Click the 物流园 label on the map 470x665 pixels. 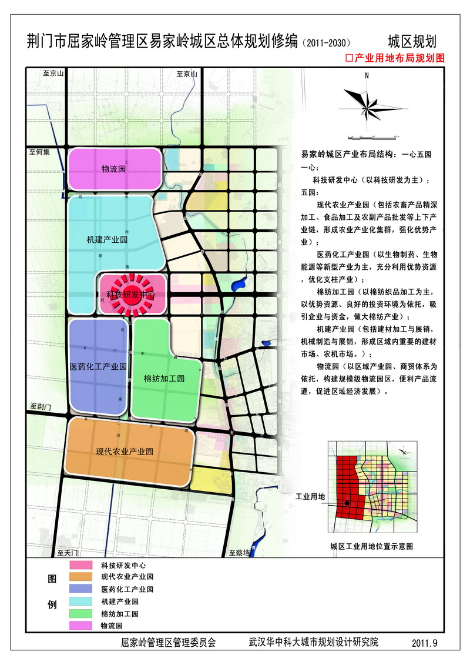114,169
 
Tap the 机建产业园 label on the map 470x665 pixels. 106,240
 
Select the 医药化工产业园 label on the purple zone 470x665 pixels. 98,366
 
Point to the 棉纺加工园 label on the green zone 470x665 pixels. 164,379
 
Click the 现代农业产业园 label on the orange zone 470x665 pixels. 125,452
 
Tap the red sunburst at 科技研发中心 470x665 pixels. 130,294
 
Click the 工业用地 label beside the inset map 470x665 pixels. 310,497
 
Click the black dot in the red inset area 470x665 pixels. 347,503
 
